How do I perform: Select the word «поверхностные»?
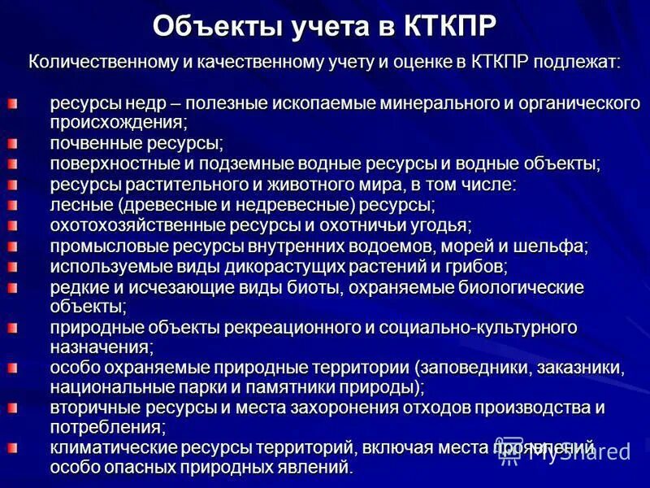[x=111, y=163]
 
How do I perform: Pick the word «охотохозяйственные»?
[x=129, y=224]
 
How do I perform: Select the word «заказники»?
[x=581, y=368]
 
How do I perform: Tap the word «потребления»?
[x=106, y=425]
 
